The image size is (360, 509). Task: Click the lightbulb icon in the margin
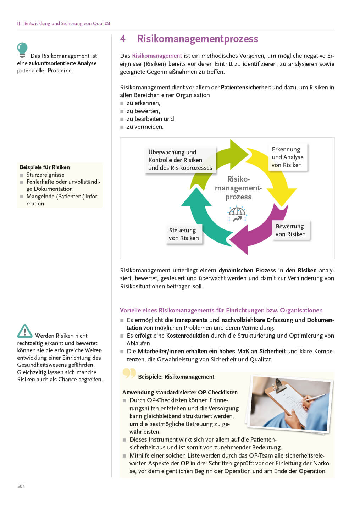22,50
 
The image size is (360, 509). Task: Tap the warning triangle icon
24,331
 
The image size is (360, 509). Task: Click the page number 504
21,486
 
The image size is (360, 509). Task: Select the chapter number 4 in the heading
123,39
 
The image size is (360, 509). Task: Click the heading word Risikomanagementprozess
198,39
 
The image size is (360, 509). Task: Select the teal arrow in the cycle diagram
202,216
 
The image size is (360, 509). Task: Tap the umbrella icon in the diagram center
237,214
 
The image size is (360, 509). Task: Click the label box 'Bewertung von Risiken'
290,230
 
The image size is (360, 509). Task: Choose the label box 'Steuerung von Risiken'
184,234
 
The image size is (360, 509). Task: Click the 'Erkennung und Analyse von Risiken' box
287,157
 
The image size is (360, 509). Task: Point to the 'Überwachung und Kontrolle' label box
180,160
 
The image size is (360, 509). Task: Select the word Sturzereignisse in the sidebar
45,175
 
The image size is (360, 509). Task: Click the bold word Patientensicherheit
246,87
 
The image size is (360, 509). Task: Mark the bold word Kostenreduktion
188,336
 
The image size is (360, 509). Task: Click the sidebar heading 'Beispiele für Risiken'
45,167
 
